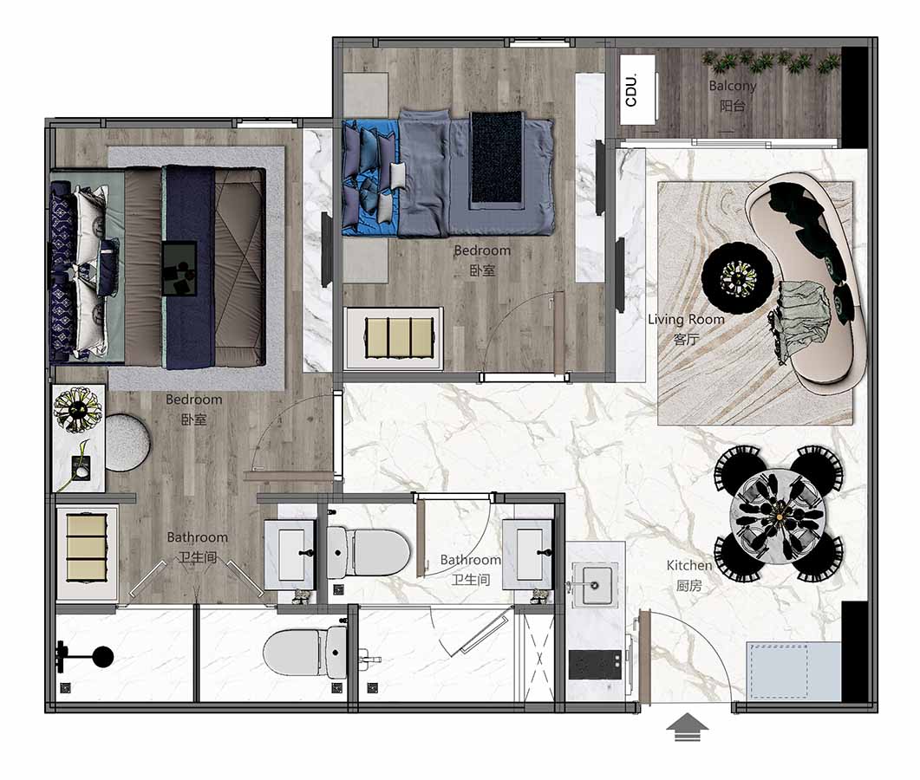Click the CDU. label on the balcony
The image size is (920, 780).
[x=631, y=90]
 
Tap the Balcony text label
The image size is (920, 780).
[x=732, y=86]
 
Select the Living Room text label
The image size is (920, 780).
[x=686, y=320]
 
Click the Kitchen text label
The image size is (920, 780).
[x=688, y=565]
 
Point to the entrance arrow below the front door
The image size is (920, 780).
[x=687, y=727]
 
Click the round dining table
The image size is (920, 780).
[x=779, y=515]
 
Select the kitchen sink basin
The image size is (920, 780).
[x=594, y=584]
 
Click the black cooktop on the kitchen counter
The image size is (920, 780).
[x=595, y=665]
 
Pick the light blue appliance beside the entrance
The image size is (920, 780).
[x=793, y=670]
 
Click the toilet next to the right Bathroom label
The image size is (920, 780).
[x=368, y=552]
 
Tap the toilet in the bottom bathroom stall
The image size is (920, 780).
[x=305, y=652]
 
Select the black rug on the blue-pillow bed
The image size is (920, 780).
[x=496, y=159]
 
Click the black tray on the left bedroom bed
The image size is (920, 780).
[x=179, y=270]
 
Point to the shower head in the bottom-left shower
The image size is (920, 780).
[x=88, y=657]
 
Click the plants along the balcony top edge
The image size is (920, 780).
[x=771, y=62]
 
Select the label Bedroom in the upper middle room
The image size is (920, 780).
[x=482, y=251]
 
